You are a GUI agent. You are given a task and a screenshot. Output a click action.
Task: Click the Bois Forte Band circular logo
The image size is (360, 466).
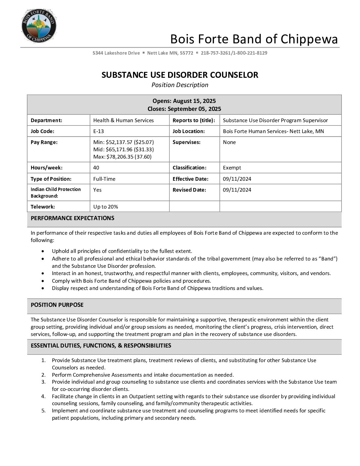(39, 26)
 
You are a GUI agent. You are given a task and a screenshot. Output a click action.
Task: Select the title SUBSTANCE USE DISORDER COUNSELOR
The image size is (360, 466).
(180, 75)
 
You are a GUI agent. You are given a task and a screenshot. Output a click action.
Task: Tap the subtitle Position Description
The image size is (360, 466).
(180, 85)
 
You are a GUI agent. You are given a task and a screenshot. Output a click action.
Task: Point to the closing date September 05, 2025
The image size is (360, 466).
(194, 109)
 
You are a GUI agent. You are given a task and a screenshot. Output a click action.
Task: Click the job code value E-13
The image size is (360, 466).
(99, 131)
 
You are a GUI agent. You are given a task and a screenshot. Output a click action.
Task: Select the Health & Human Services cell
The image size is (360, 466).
(123, 120)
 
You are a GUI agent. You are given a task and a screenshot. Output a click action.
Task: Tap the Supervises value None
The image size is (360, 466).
(229, 142)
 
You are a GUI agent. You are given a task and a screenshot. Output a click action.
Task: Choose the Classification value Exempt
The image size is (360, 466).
(232, 167)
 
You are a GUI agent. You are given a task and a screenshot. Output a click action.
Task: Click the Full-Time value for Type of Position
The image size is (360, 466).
(104, 179)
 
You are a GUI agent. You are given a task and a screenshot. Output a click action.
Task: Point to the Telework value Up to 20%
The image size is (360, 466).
(106, 207)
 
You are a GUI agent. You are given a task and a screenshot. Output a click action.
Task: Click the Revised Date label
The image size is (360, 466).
(189, 190)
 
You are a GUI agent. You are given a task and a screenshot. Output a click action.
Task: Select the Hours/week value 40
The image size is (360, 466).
(96, 167)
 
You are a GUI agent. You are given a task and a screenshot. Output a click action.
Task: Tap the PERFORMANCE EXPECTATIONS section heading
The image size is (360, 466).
(72, 218)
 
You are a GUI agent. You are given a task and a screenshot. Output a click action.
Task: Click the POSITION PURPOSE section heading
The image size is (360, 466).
(57, 305)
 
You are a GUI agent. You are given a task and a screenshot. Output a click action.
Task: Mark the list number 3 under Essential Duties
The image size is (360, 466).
(43, 382)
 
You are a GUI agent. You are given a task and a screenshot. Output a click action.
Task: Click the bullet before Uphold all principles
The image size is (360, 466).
(43, 251)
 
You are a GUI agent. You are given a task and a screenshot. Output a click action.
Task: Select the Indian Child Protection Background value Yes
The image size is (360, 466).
(97, 190)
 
